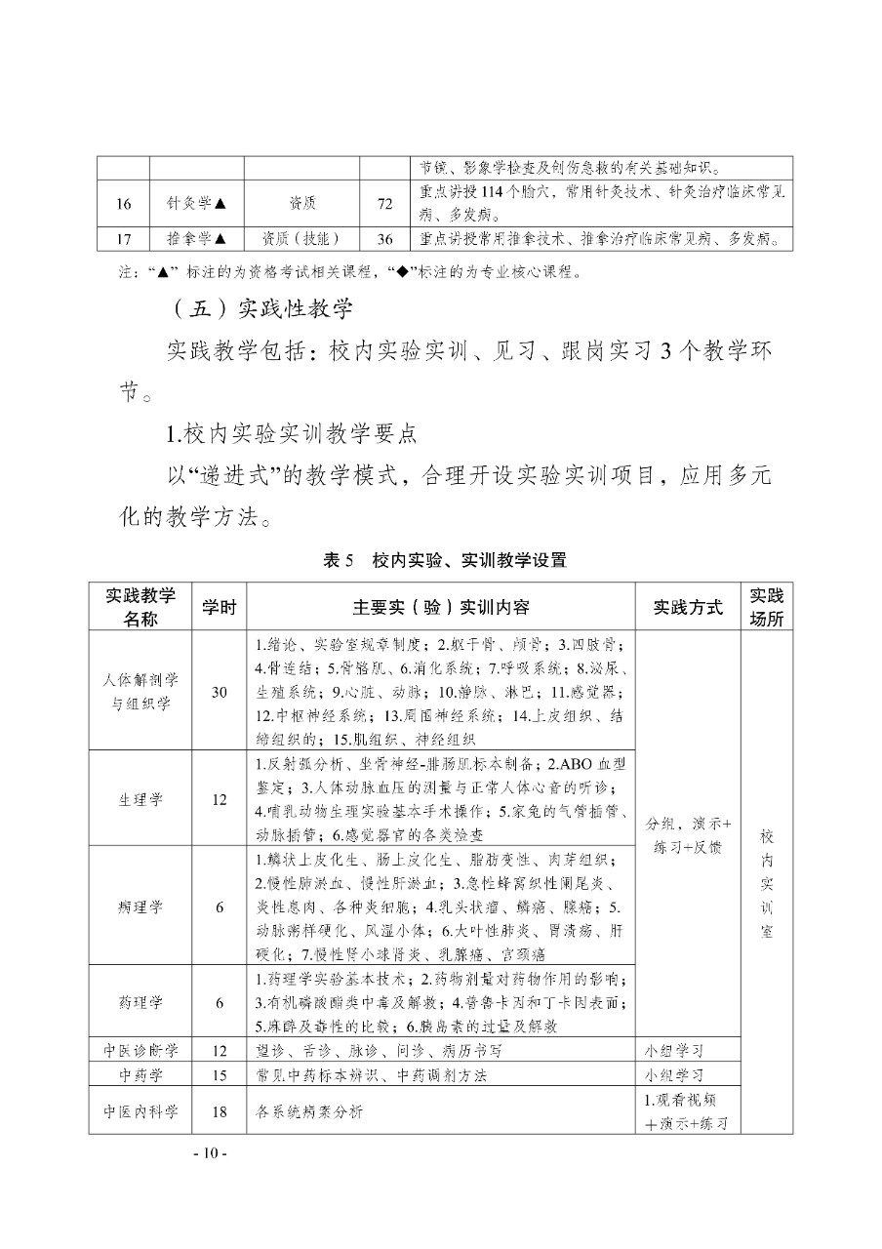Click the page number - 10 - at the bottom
click(x=210, y=1153)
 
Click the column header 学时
click(x=219, y=607)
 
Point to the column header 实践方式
click(x=689, y=607)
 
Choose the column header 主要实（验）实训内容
click(x=442, y=607)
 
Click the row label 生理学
click(x=141, y=799)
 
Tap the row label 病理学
click(x=141, y=907)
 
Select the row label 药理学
click(x=141, y=1002)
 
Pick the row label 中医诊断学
click(x=141, y=1050)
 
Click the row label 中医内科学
click(x=141, y=1110)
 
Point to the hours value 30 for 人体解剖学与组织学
click(x=219, y=691)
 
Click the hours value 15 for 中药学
click(x=219, y=1074)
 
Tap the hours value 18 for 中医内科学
click(x=219, y=1110)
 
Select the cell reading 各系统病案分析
click(x=309, y=1110)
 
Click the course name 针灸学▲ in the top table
click(x=196, y=203)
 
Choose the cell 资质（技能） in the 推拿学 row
click(x=301, y=239)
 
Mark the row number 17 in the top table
click(x=123, y=239)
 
